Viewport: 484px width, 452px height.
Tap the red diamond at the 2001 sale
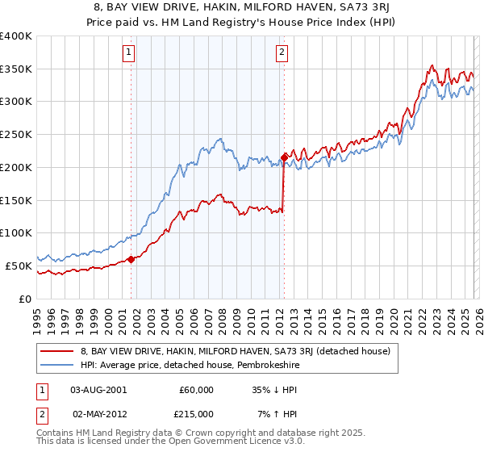[x=131, y=259]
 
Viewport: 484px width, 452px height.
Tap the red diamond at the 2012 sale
[x=284, y=157]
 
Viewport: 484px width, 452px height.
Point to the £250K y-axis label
[x=16, y=134]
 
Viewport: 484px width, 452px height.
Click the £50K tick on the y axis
[x=19, y=266]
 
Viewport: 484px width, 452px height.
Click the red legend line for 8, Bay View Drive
[x=56, y=351]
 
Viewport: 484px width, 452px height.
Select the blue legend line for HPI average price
[x=56, y=365]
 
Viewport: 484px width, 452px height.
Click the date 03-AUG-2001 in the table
[x=98, y=389]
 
